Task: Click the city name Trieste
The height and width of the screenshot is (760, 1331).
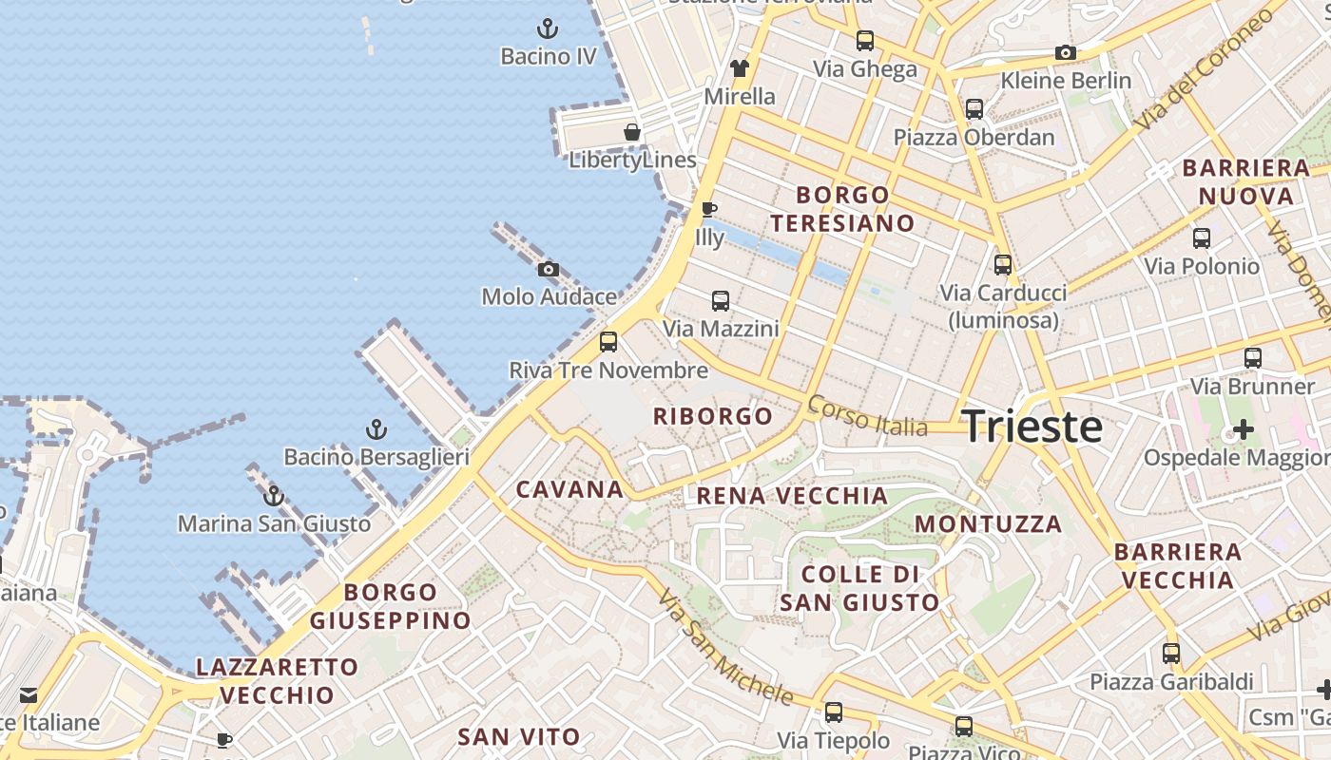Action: point(1032,427)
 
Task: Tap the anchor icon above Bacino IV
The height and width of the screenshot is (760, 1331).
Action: point(547,28)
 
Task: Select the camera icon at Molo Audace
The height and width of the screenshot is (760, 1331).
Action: point(549,270)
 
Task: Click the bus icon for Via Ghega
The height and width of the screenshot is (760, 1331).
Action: point(864,41)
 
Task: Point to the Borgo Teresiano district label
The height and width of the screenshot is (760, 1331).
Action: point(842,209)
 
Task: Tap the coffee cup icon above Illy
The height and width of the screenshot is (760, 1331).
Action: point(708,209)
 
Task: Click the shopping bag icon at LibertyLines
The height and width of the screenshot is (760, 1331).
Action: point(632,132)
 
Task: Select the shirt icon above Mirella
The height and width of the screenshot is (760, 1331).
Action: point(740,68)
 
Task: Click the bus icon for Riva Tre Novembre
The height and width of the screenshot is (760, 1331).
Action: point(608,342)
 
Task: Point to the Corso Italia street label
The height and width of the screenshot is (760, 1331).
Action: point(867,417)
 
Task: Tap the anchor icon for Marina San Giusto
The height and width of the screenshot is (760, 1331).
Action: point(274,495)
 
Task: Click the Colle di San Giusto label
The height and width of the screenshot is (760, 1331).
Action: point(859,588)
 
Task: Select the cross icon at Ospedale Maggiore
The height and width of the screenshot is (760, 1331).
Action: point(1243,429)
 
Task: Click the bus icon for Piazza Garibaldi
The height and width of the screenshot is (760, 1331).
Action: point(1171,654)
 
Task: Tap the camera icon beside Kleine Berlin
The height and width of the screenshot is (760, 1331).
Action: point(1066,53)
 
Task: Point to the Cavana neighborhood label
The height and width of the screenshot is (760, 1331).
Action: point(569,489)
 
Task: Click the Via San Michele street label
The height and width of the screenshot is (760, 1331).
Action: point(724,648)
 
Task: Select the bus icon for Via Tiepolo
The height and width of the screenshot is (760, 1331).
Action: point(834,712)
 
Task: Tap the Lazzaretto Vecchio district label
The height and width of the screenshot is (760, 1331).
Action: point(277,681)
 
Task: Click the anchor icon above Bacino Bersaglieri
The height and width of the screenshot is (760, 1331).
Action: point(376,429)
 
